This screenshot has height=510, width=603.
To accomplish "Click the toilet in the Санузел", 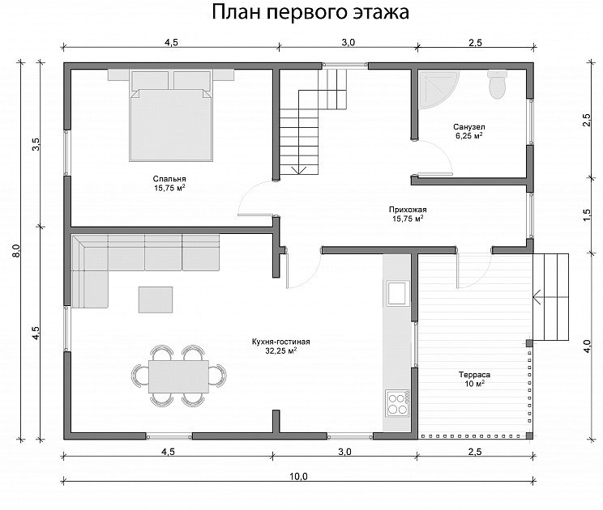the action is [497, 84].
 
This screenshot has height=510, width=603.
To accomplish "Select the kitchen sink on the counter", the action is [397, 293].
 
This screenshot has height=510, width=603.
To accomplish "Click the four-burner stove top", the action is [398, 403].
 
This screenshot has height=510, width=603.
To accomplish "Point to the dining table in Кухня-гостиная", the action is [179, 376].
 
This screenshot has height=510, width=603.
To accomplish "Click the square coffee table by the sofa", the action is [156, 300].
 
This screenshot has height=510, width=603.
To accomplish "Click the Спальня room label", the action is [169, 179].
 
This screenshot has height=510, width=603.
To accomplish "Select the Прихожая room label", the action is [408, 210].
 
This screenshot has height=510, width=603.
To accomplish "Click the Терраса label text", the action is [474, 375].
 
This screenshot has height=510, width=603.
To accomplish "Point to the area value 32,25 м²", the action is [280, 351].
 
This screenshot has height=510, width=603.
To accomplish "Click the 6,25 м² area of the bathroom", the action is [468, 135].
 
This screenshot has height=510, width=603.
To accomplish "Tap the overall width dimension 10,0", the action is [298, 477].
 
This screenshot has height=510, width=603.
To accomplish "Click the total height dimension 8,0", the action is [15, 250].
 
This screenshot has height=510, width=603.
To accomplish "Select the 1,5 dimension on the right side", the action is [587, 215].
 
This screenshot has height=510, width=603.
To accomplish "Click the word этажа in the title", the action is [381, 12].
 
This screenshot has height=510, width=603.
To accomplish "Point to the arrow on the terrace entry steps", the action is [550, 297].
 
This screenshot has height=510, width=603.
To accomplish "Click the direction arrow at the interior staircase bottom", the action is [299, 169].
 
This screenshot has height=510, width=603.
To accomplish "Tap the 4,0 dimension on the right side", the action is [587, 346].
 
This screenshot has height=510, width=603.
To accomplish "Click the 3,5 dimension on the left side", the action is [36, 145].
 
